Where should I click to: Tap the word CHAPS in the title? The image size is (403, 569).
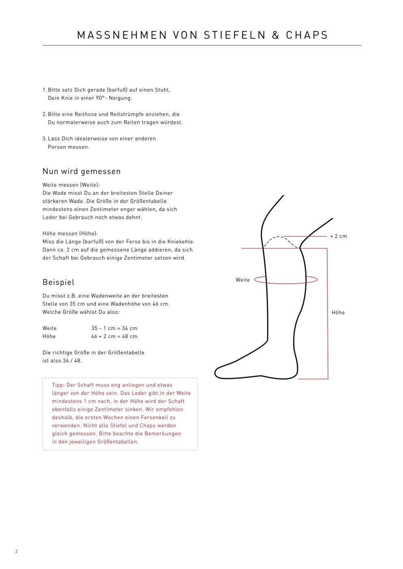coord(307,35)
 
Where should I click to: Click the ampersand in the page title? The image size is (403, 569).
coord(275,35)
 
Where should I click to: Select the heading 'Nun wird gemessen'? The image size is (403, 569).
coord(82,171)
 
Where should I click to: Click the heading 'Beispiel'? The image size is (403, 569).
coord(58,282)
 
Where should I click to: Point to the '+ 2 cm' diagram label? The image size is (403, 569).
coord(338,236)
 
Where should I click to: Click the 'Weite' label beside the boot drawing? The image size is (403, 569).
coord(243,280)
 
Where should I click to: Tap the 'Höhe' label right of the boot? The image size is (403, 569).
coord(338,313)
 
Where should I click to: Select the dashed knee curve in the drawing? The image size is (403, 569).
coord(280,237)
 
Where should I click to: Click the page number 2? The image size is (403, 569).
coord(16,551)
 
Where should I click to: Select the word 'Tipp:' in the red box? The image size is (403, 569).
coord(58,385)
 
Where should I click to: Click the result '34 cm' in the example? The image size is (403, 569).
coord(130,328)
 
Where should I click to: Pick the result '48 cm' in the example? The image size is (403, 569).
coord(130,336)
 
